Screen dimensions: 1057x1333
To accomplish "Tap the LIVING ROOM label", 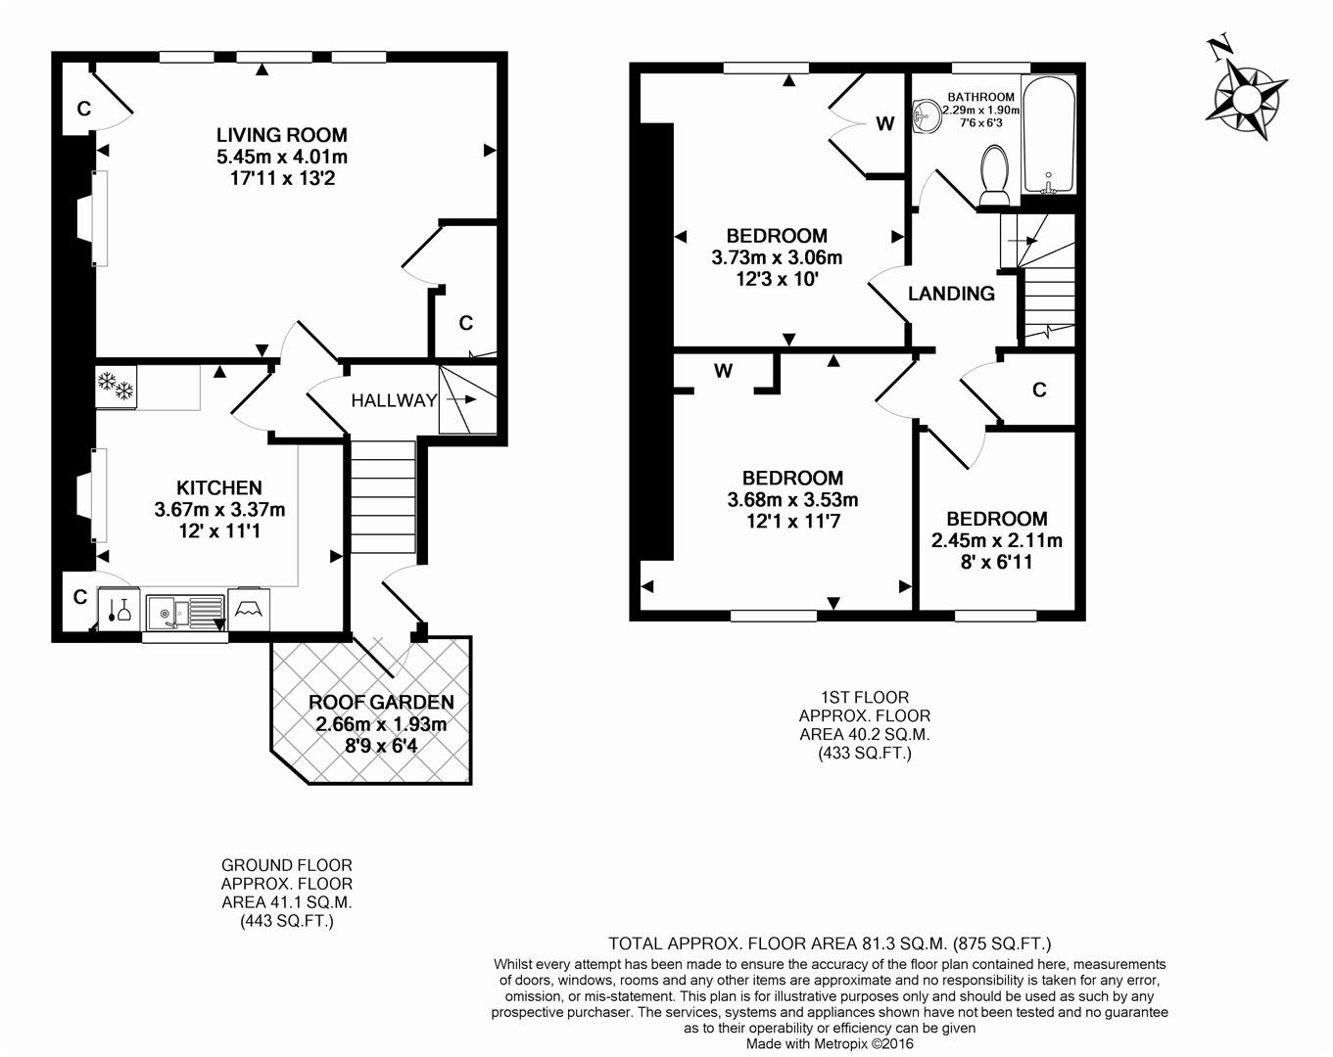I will pos(282,135).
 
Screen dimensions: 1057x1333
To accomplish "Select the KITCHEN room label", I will pos(219,487).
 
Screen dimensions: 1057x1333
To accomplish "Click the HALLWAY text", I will pos(394,400).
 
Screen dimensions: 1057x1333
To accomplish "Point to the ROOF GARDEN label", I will pos(381,702).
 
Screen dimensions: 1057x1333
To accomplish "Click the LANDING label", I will pos(951,294).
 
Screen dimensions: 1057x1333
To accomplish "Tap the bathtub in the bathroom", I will pos(1048,135).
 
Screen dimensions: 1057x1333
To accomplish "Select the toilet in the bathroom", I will pos(995,176).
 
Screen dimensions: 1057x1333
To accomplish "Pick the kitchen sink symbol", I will pos(185,612).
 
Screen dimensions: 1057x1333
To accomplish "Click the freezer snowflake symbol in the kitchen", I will pos(116,388).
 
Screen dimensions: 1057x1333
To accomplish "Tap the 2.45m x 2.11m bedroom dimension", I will pos(996,540).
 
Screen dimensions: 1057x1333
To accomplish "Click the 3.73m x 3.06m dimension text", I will pos(777,257).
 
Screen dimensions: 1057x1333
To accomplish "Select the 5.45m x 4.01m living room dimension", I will pos(282,157).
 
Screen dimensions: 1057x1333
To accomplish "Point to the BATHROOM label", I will pos(980,97).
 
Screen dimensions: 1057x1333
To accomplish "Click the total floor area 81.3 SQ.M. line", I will pos(830,943).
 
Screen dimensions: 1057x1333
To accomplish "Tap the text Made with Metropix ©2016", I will pos(830,1044).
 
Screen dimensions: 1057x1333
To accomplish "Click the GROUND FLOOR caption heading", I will pos(286,865).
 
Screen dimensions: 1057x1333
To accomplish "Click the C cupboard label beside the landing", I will pos(1039,391).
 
